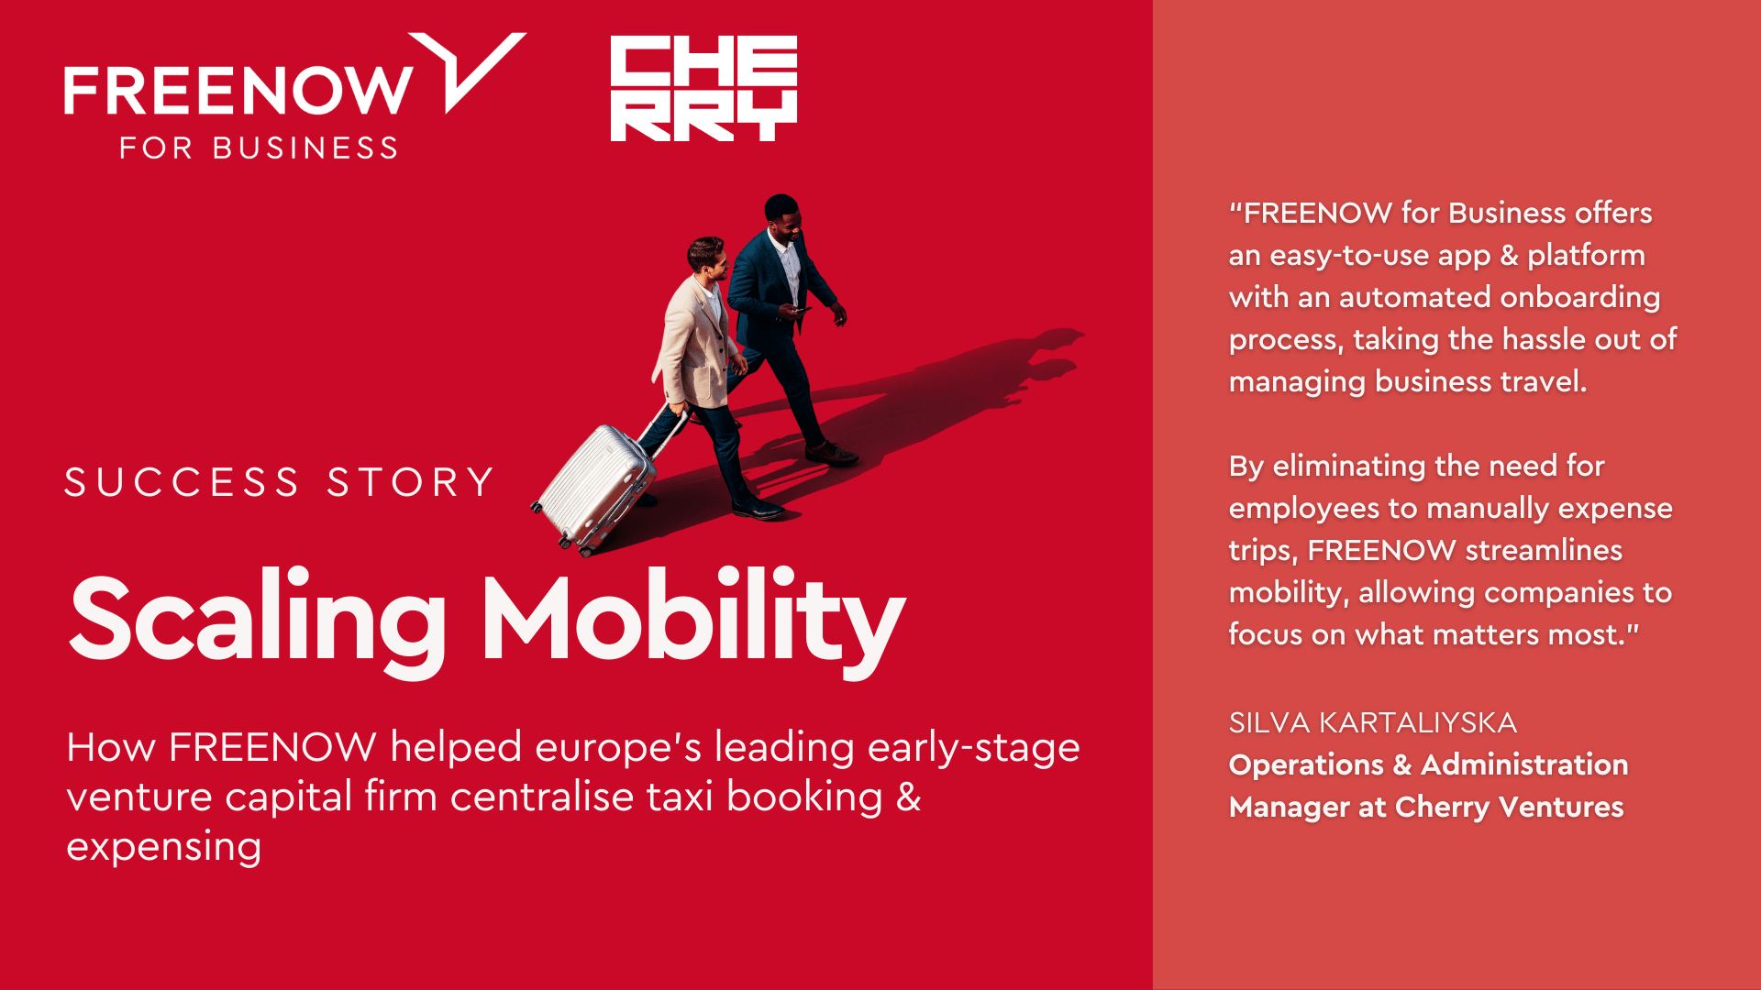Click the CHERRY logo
[703, 88]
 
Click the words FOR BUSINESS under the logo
[259, 148]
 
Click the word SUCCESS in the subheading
[182, 482]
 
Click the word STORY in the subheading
[411, 482]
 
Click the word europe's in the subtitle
[618, 748]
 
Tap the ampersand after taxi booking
[908, 797]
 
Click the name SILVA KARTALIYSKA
[1373, 722]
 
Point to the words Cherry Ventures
[1510, 807]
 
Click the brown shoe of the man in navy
[831, 453]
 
